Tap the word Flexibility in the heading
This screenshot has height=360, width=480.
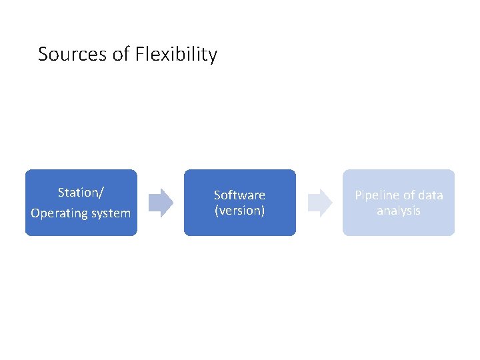tap(176, 54)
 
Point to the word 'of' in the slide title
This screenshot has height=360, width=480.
tap(121, 54)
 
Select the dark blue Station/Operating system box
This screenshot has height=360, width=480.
tap(81, 227)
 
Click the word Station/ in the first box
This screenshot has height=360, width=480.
tap(81, 193)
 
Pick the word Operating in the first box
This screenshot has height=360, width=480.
tap(57, 214)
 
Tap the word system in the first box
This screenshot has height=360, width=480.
tap(109, 214)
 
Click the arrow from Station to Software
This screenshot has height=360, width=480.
tap(161, 203)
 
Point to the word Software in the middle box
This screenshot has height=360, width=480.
tap(239, 195)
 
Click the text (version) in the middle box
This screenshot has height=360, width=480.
tap(239, 211)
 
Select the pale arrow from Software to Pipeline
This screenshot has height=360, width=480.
tap(320, 203)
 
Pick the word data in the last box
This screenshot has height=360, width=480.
tap(431, 195)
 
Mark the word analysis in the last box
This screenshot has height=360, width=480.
tap(399, 211)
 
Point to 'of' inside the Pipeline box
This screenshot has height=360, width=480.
tap(409, 195)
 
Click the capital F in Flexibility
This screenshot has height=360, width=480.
tap(139, 54)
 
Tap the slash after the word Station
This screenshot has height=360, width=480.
tap(101, 193)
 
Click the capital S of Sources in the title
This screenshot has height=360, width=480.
tap(43, 54)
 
